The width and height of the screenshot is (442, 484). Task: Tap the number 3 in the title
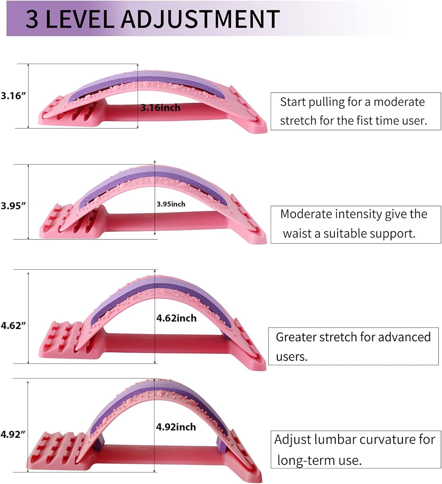[x=32, y=19]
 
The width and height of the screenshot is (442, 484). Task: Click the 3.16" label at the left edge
[x=13, y=96]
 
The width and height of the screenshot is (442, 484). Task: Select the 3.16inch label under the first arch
[x=160, y=108]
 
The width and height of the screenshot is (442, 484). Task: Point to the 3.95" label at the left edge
[x=13, y=206]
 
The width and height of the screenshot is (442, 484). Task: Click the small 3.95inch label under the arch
[x=171, y=204]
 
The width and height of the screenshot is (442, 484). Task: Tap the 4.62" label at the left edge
[x=13, y=326]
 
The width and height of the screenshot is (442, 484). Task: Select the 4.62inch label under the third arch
[x=176, y=318]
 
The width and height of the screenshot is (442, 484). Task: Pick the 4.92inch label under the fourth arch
[x=176, y=427]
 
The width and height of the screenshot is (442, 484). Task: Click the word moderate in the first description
[x=399, y=102]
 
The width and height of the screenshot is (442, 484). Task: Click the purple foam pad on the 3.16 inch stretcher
[x=145, y=79]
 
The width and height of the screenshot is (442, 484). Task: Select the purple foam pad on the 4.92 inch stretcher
[x=129, y=400]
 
